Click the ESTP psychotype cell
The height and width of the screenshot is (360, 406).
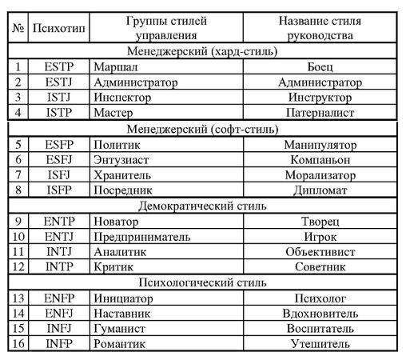click(58, 67)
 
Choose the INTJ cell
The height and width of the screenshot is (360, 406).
click(58, 250)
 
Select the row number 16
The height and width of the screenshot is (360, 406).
click(17, 344)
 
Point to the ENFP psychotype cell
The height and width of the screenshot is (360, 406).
click(58, 298)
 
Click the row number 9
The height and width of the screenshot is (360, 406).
click(17, 220)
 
